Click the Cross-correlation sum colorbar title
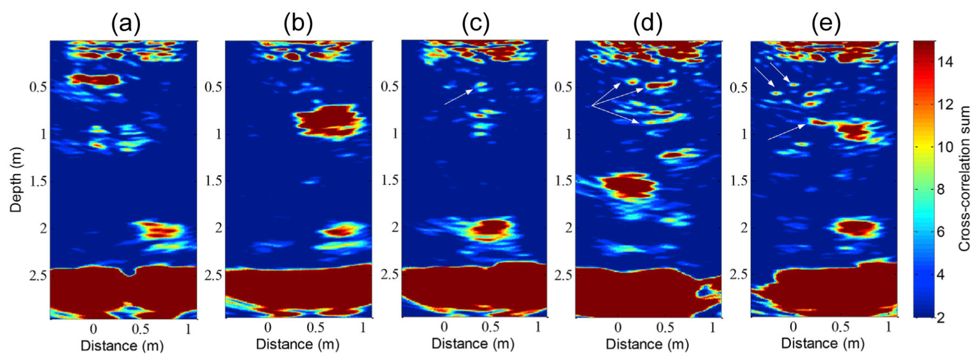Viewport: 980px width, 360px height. pos(965,179)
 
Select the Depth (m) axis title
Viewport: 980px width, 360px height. pos(16,179)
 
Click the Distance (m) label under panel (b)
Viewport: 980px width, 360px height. pos(298,344)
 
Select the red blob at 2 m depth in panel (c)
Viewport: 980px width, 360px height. pos(491,228)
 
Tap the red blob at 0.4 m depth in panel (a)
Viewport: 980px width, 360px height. pos(96,80)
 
